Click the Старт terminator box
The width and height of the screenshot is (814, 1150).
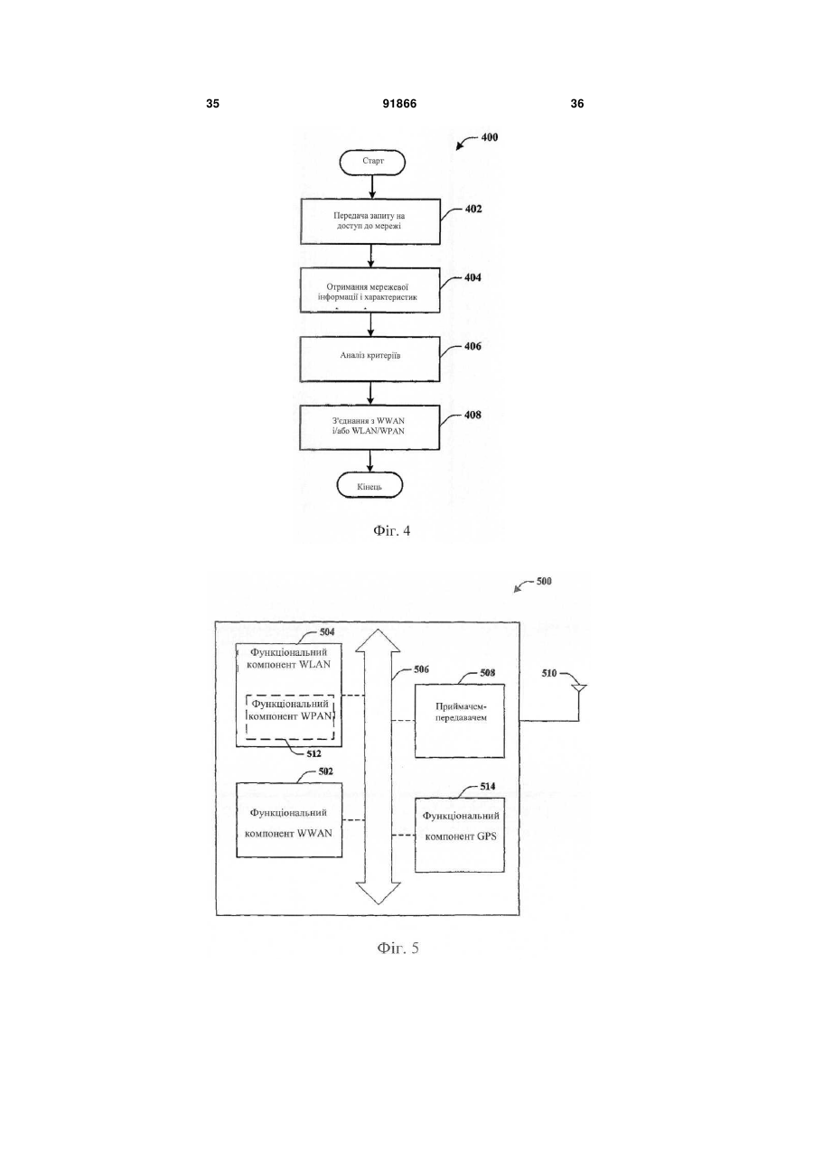[372, 163]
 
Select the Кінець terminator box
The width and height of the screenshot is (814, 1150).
[370, 485]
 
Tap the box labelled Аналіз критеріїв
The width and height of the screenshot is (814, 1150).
[370, 359]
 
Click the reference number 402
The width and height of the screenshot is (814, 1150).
[473, 209]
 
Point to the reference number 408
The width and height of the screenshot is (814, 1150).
[473, 415]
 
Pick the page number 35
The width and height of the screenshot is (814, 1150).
[212, 104]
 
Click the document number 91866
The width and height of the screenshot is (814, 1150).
[399, 104]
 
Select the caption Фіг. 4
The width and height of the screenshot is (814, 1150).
[392, 530]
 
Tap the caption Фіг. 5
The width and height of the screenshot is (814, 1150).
[398, 948]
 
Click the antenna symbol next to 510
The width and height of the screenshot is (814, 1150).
[579, 689]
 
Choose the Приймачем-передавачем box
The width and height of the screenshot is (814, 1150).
[460, 721]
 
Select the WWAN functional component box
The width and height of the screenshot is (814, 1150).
[289, 820]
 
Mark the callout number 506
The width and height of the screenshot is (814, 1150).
[421, 669]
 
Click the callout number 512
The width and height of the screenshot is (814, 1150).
[313, 753]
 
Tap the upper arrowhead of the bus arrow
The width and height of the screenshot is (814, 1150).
[378, 640]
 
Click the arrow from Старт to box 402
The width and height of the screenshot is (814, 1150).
[372, 187]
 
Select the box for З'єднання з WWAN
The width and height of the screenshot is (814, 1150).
[370, 427]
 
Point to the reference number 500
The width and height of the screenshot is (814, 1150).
[544, 581]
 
